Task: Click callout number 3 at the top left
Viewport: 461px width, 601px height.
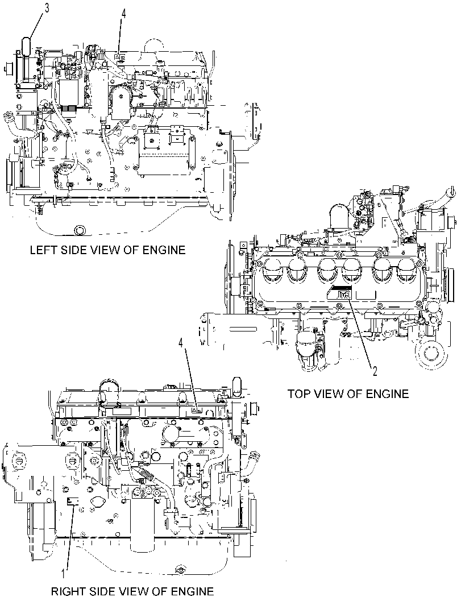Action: [47, 9]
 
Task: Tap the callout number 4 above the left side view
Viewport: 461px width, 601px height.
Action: [123, 14]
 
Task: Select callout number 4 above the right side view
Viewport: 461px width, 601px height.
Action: [181, 343]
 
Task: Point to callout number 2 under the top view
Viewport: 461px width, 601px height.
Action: [375, 371]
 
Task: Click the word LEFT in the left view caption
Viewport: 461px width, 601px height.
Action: [44, 250]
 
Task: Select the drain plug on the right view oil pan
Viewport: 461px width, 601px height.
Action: [179, 570]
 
